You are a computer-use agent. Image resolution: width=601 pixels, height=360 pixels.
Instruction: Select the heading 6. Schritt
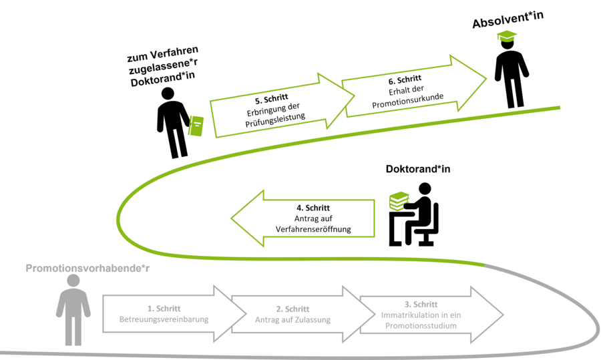tap(404, 79)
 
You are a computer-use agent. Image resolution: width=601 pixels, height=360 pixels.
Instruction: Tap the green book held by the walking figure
tap(196, 126)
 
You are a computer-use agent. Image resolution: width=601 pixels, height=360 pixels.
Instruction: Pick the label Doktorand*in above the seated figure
tap(418, 169)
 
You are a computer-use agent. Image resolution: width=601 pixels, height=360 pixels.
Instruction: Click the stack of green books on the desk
tap(399, 200)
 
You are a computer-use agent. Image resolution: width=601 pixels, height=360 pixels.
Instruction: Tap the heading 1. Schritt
tap(164, 308)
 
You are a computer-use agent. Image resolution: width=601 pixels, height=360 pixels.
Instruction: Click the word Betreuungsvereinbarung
tap(164, 319)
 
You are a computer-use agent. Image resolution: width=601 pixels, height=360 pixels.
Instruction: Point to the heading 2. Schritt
tap(292, 309)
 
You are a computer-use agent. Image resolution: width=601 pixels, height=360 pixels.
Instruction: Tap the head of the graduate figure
tap(507, 45)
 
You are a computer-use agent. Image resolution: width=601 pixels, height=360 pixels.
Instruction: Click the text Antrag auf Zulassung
tap(292, 319)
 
